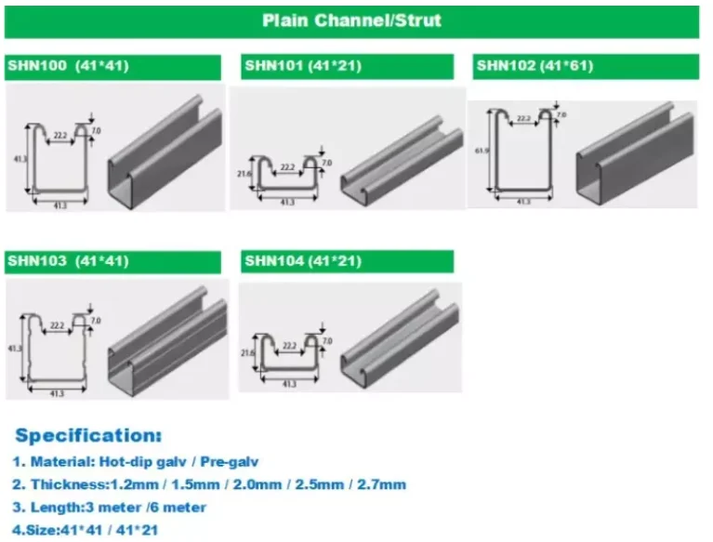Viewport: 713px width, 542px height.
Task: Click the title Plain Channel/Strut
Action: click(351, 20)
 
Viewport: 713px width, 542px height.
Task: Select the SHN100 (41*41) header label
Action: click(68, 66)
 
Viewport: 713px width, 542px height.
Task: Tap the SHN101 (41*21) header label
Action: click(302, 66)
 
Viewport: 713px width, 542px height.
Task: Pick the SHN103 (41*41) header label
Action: click(68, 261)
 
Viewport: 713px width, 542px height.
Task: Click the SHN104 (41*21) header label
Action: click(302, 261)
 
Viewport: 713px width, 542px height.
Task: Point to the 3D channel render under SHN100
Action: click(165, 153)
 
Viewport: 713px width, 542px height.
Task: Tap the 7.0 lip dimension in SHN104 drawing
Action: click(326, 341)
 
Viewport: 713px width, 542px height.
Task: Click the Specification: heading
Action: click(88, 435)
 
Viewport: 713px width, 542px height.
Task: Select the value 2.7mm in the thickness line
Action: click(387, 484)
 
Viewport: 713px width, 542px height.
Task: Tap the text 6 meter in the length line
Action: click(176, 508)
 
